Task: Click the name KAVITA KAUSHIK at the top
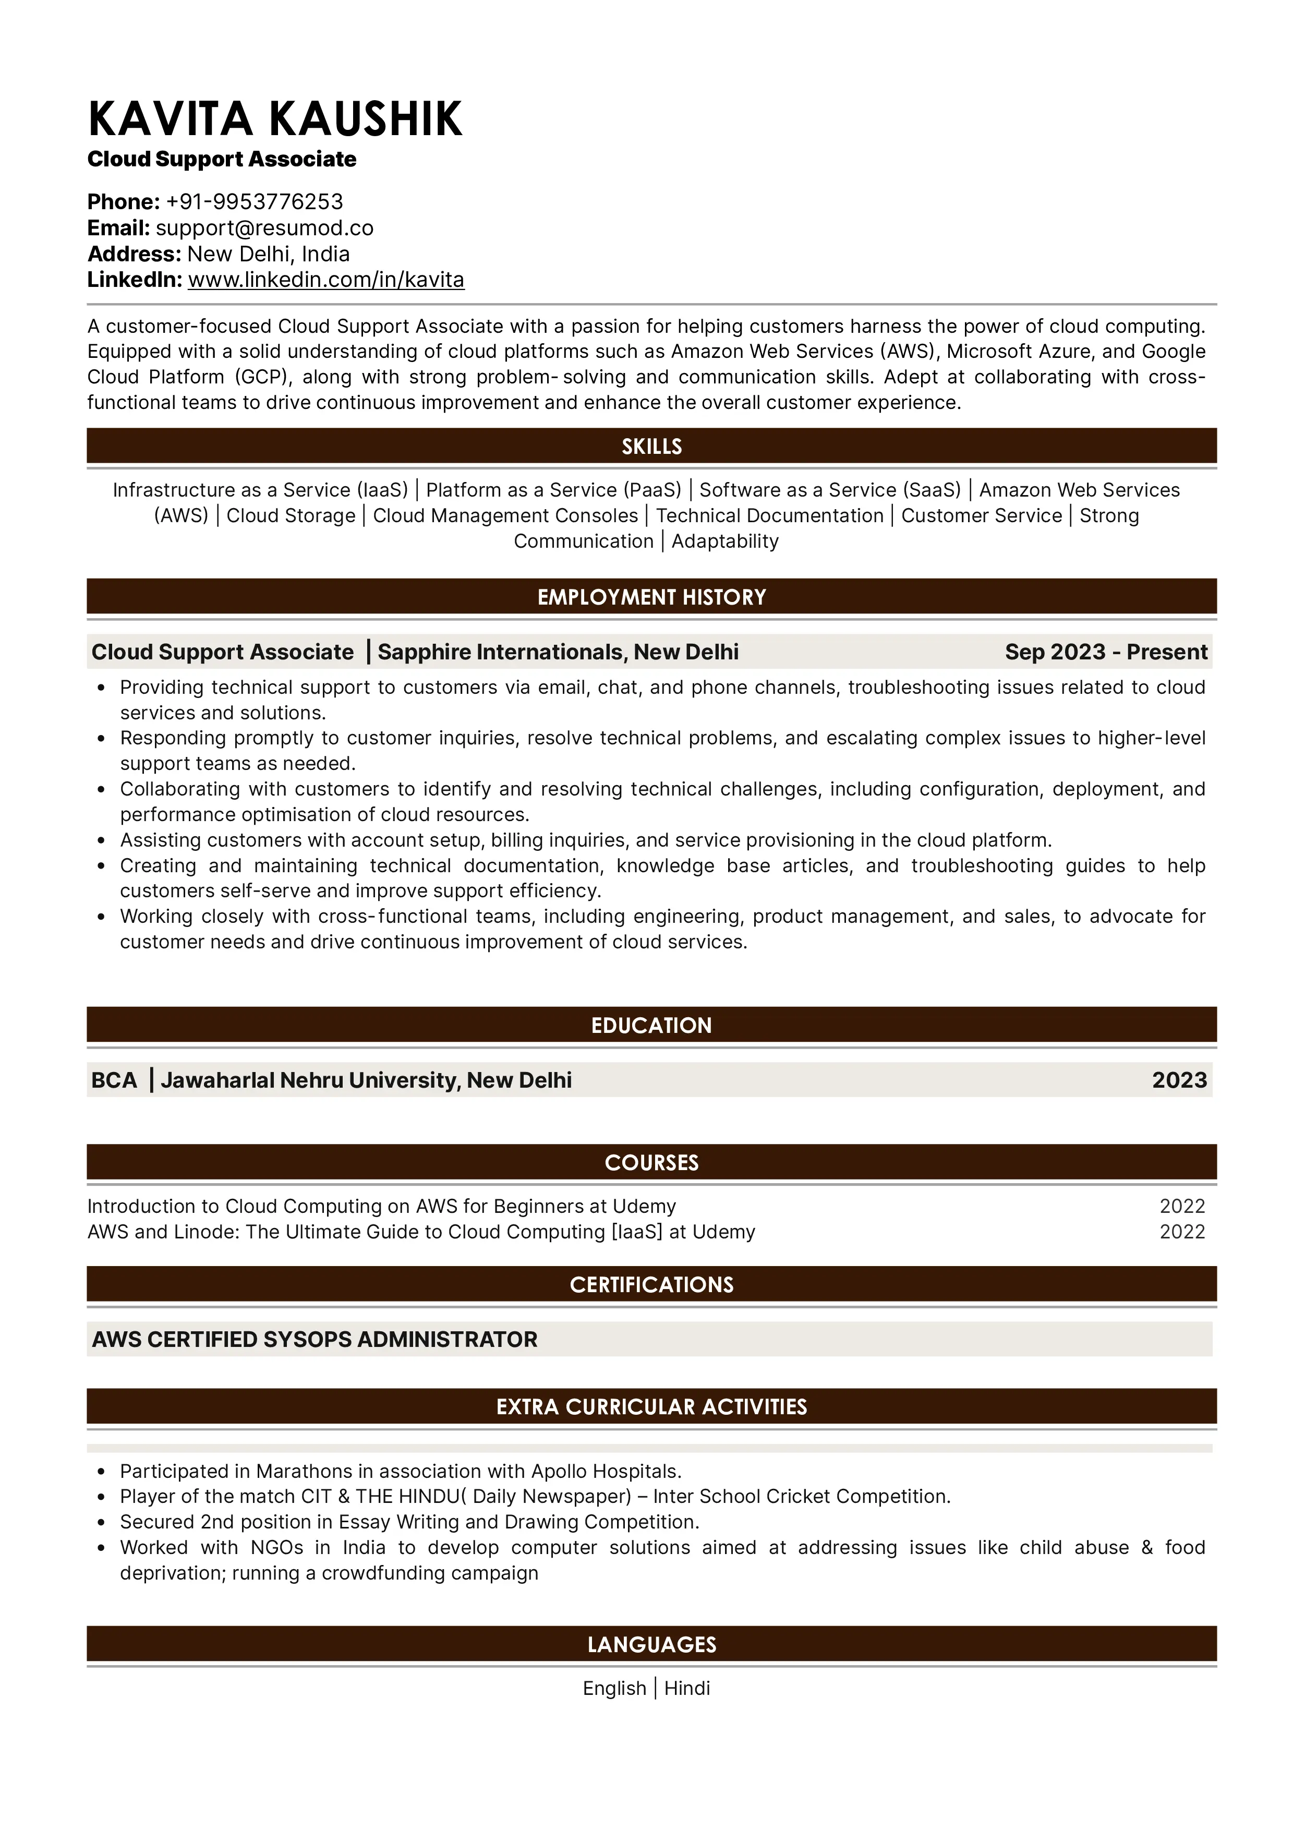click(275, 119)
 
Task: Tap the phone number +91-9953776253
click(254, 202)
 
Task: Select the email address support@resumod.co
click(264, 228)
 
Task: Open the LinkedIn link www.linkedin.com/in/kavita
click(326, 280)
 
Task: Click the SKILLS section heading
click(651, 447)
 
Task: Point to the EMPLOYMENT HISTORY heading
click(651, 597)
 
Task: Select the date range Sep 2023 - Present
click(1106, 652)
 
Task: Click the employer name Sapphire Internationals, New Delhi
click(558, 652)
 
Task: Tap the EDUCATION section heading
click(651, 1025)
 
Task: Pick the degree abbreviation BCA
click(114, 1080)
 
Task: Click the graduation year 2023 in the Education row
click(1179, 1080)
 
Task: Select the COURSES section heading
click(651, 1162)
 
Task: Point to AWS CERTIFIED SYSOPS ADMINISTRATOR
click(315, 1339)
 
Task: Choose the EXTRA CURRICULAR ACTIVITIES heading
click(651, 1407)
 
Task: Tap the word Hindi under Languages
click(687, 1688)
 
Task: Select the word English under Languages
click(614, 1688)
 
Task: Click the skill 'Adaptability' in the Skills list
click(725, 541)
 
